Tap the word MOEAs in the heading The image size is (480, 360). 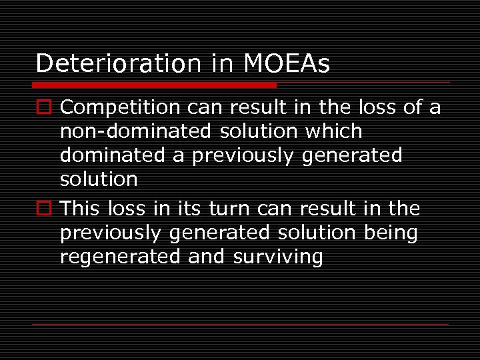[287, 63]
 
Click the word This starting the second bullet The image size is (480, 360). [83, 209]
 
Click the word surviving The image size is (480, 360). [277, 257]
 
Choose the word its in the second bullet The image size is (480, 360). [189, 209]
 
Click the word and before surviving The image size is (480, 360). [207, 257]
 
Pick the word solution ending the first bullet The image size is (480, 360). [99, 179]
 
